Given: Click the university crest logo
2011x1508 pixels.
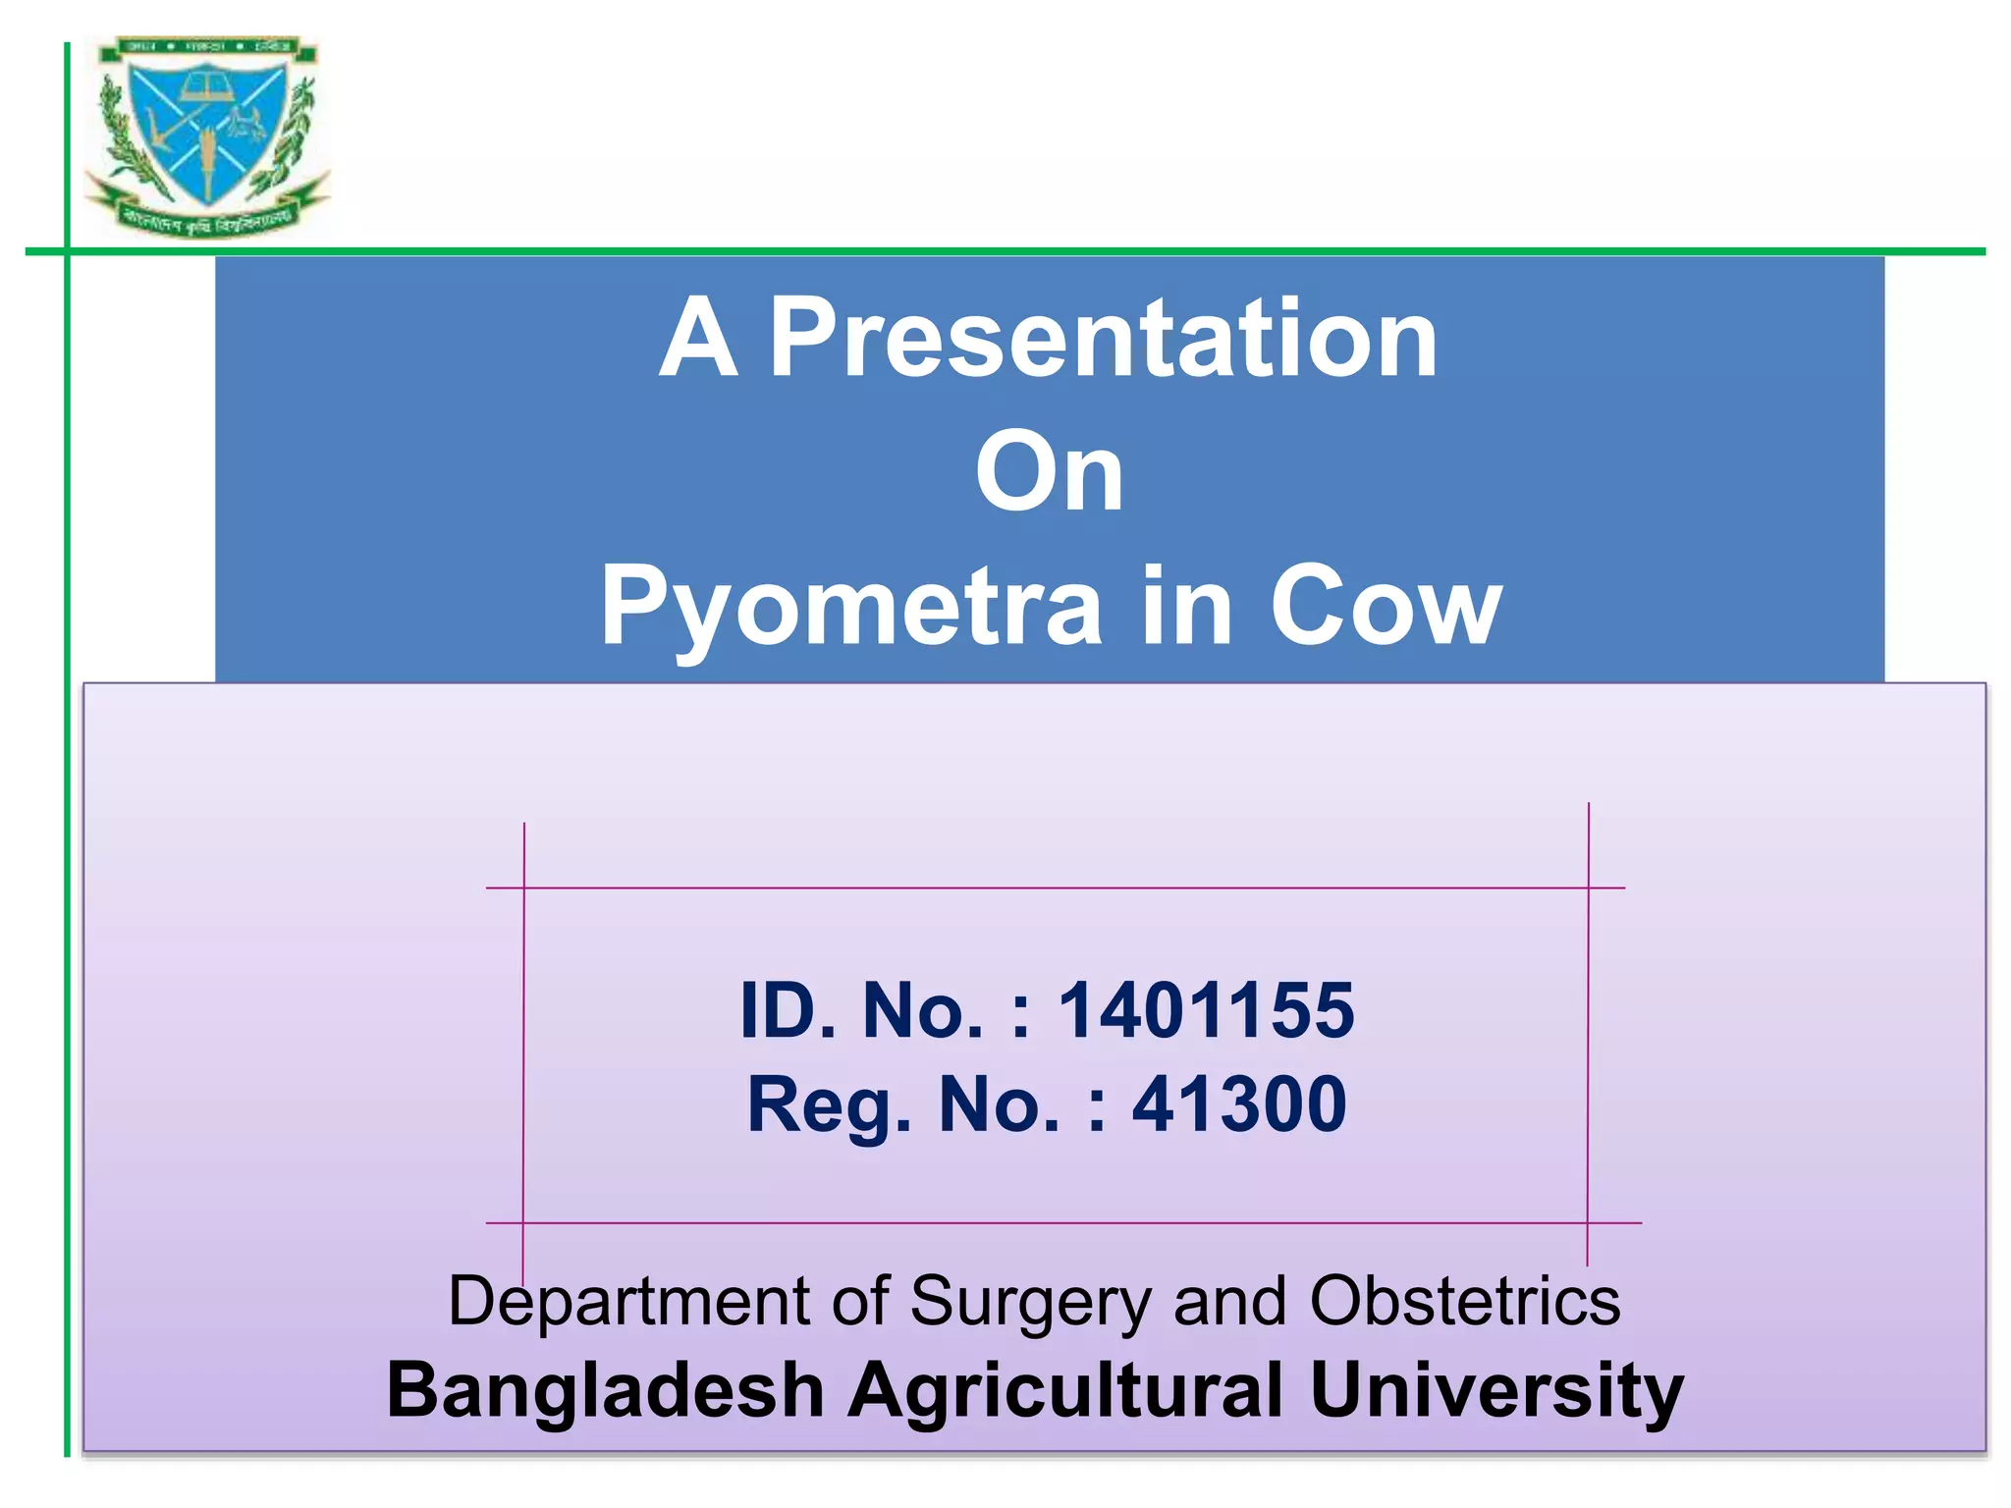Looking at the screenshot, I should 207,137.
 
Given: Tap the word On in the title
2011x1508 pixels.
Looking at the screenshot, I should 1049,474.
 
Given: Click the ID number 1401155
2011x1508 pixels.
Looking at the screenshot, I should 1206,1010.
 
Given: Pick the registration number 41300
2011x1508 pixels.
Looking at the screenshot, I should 1239,1104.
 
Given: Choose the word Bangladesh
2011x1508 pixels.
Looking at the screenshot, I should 605,1391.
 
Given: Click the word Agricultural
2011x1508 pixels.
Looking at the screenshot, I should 1065,1391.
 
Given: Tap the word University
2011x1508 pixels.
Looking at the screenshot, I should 1496,1391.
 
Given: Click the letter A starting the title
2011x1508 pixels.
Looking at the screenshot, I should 698,339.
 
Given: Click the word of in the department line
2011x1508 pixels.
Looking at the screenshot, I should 860,1302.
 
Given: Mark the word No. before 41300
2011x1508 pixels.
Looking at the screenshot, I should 1000,1104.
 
